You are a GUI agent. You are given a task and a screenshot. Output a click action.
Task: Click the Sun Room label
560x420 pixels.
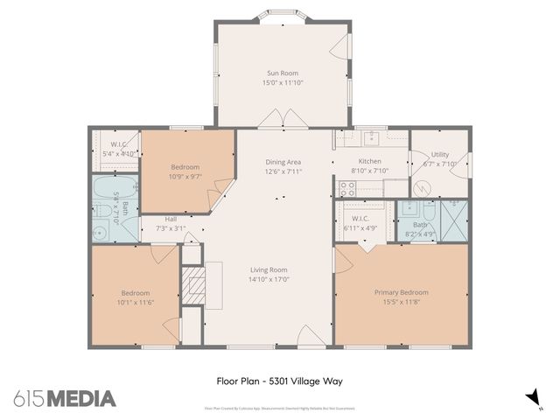(283, 73)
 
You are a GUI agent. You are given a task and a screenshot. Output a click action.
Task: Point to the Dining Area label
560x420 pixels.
(283, 162)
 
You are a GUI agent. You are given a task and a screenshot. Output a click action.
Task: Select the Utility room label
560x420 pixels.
(440, 154)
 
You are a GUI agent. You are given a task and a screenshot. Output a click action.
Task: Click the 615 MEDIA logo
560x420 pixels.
(64, 399)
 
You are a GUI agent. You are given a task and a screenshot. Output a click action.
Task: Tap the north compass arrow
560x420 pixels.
(530, 399)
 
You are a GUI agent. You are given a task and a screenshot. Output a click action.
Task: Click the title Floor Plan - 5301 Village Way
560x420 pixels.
(278, 381)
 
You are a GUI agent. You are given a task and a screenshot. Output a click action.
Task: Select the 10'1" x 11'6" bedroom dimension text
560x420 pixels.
(136, 303)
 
